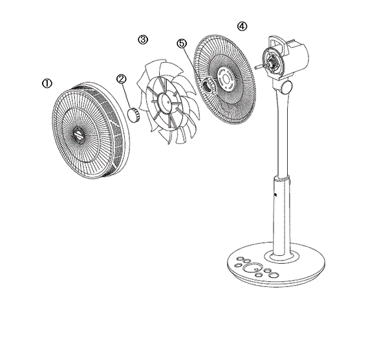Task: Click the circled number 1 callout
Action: point(46,84)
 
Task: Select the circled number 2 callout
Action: point(121,78)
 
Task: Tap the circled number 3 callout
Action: point(143,39)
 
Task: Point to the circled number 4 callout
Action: point(241,26)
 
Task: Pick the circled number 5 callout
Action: point(182,43)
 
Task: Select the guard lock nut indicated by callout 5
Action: point(209,85)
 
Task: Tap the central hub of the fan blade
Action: point(166,101)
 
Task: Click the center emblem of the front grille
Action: point(77,136)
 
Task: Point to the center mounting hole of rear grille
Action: point(228,76)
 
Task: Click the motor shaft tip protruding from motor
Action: point(258,65)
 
